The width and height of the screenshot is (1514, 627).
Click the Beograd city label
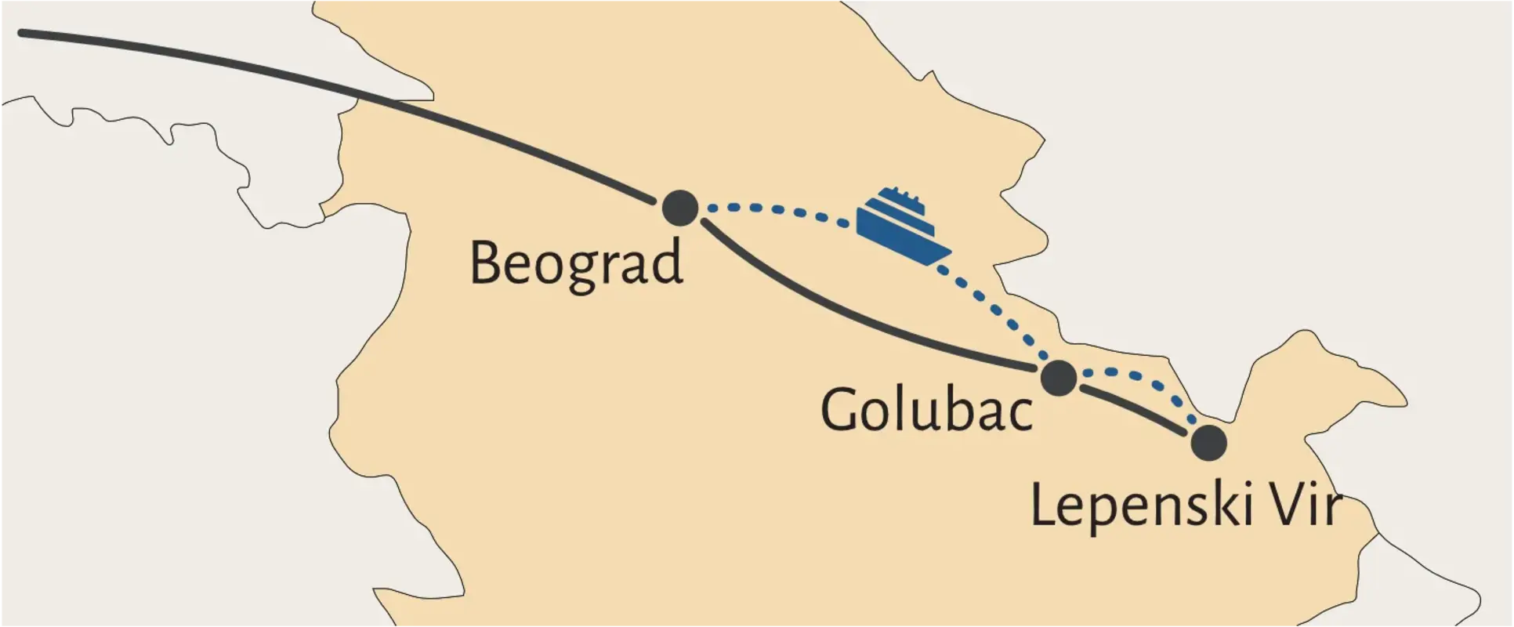576,265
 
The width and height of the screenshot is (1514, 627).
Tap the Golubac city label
926,409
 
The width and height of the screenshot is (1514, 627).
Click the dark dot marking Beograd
680,208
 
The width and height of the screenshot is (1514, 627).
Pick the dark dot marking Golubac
1059,378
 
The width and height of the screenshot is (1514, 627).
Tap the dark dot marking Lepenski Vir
1208,443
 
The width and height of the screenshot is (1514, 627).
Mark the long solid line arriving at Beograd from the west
353,94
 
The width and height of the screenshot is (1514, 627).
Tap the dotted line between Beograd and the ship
776,209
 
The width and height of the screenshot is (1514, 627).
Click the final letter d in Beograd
667,262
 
